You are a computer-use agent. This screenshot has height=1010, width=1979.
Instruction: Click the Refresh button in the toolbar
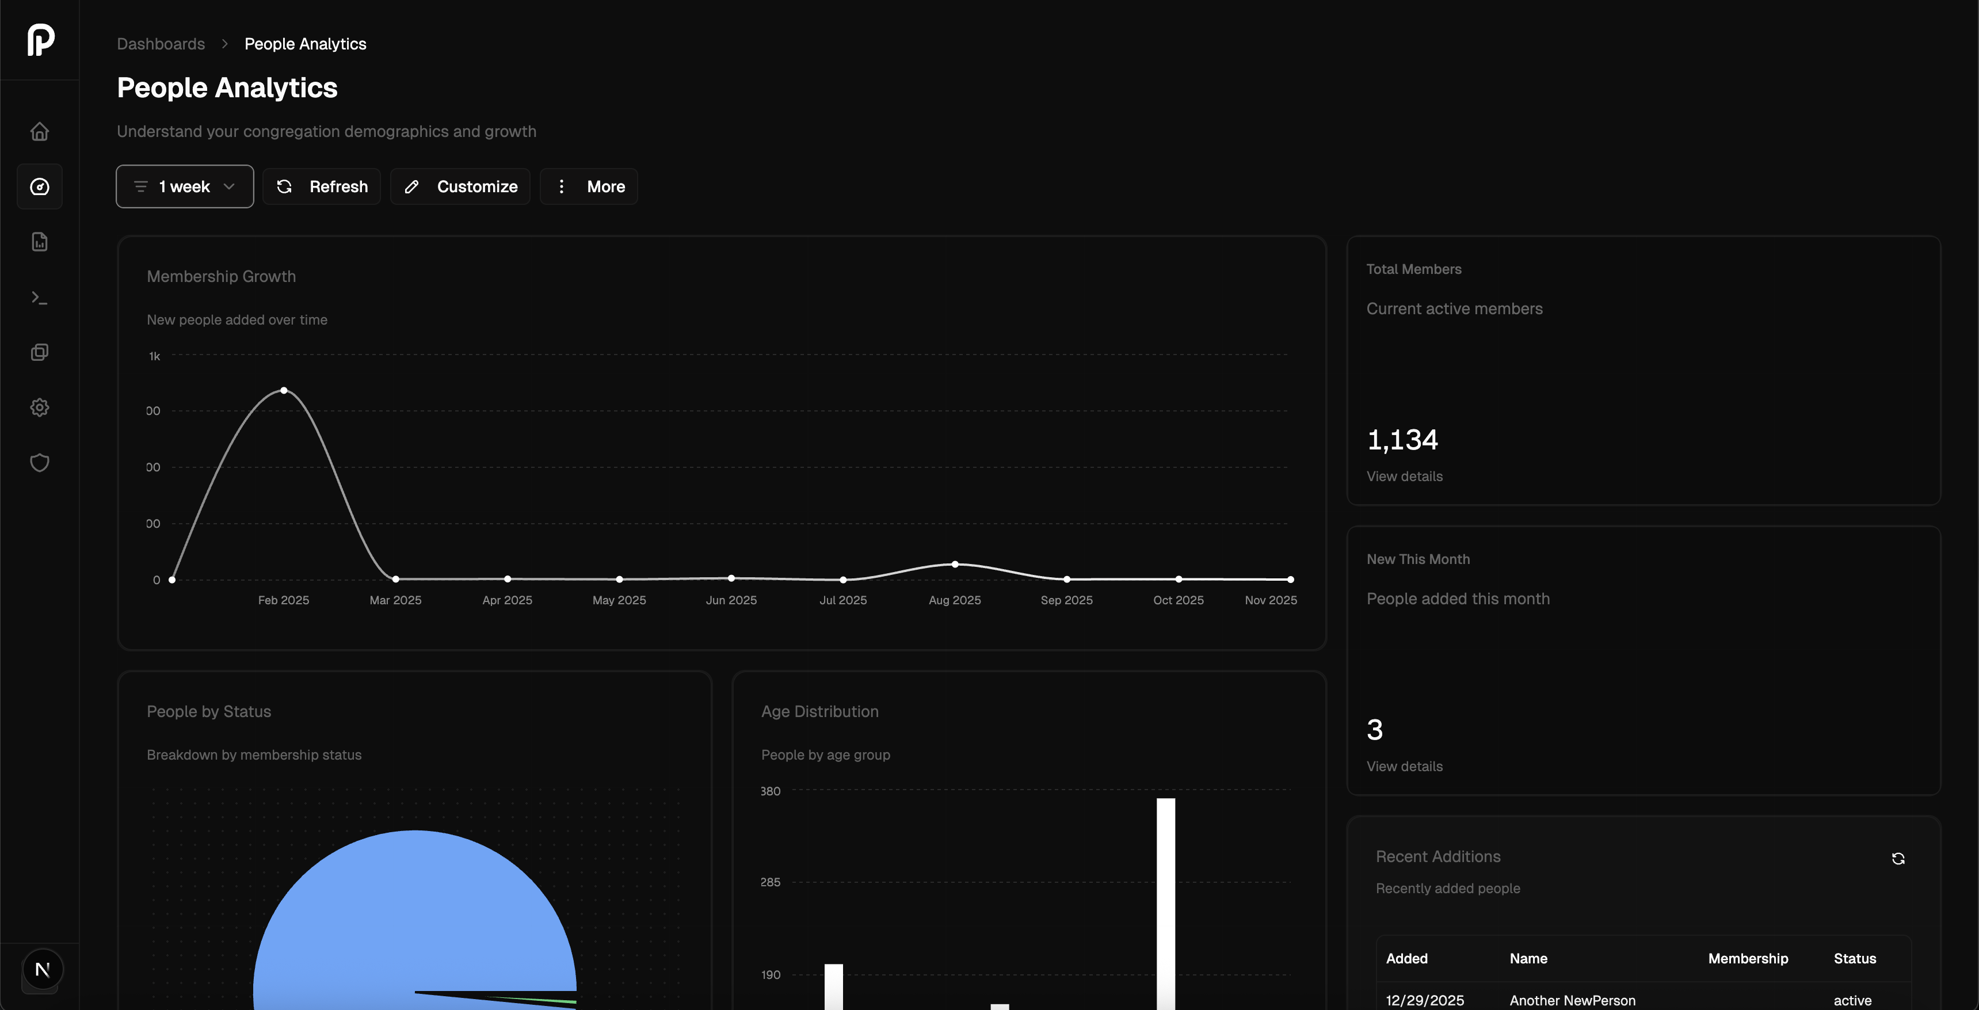tap(322, 186)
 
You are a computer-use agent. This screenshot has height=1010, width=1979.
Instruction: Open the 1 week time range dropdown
tap(184, 186)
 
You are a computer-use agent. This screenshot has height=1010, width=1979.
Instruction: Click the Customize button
tap(460, 186)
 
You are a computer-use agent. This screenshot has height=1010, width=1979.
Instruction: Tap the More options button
tap(589, 186)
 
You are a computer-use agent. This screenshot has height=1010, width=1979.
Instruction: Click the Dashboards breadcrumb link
tap(161, 44)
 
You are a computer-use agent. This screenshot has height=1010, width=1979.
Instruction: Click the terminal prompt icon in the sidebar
tap(40, 297)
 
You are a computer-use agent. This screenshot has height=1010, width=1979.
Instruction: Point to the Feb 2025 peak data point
tap(284, 391)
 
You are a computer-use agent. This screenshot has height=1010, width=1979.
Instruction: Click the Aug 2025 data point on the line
tap(955, 565)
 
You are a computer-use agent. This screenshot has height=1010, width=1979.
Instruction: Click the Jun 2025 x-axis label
tap(731, 600)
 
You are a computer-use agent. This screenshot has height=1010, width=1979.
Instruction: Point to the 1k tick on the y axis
tap(154, 356)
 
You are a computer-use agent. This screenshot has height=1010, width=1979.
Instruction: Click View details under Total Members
tap(1404, 476)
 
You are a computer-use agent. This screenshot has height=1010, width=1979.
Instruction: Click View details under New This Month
tap(1404, 767)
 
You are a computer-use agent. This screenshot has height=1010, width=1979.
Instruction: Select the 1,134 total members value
tap(1402, 439)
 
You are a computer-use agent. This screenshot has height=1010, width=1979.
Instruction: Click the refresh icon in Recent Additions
tap(1897, 859)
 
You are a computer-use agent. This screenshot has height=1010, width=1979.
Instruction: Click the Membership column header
tap(1748, 959)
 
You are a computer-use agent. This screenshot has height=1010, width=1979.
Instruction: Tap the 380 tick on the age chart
tap(771, 791)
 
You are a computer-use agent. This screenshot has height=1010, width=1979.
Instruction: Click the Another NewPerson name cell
tap(1572, 1000)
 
